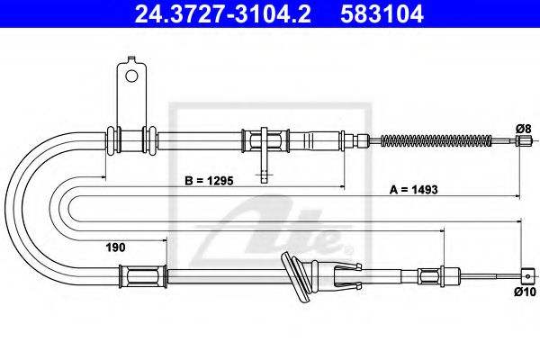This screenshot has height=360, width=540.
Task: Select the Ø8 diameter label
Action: pos(521,128)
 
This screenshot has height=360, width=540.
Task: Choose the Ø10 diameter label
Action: pos(525,292)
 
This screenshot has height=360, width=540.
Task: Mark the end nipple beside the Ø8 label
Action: pos(519,140)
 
